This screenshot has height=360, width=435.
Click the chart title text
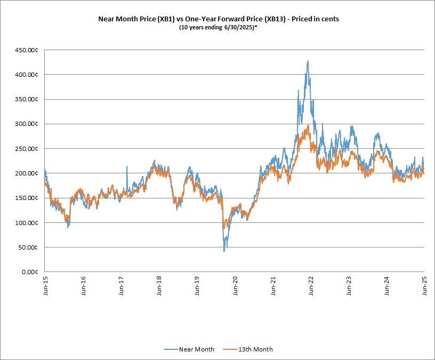click(x=219, y=19)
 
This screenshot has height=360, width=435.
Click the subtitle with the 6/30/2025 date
click(x=219, y=27)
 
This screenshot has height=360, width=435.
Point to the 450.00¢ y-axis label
click(x=26, y=50)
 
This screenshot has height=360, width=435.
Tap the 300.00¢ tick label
click(x=26, y=124)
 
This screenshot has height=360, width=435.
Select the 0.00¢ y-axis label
click(x=30, y=272)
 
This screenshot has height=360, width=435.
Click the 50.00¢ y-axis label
click(x=28, y=247)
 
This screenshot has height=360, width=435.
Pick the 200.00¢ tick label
click(x=26, y=173)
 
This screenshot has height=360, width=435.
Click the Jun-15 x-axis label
click(x=45, y=286)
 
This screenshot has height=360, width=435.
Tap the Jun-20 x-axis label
click(x=235, y=286)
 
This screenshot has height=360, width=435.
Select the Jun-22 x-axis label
click(x=311, y=286)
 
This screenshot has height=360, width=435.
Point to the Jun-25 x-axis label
click(x=425, y=286)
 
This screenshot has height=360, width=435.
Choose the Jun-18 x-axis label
click(x=159, y=286)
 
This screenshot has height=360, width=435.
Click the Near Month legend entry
click(x=189, y=349)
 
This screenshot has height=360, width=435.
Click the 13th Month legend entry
click(x=248, y=349)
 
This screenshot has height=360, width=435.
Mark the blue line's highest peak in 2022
click(x=308, y=61)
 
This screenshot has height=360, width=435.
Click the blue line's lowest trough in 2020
click(x=224, y=252)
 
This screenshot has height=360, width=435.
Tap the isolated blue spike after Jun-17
click(x=127, y=166)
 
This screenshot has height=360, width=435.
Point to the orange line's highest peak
click(x=308, y=125)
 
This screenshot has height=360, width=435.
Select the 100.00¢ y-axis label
click(x=26, y=223)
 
